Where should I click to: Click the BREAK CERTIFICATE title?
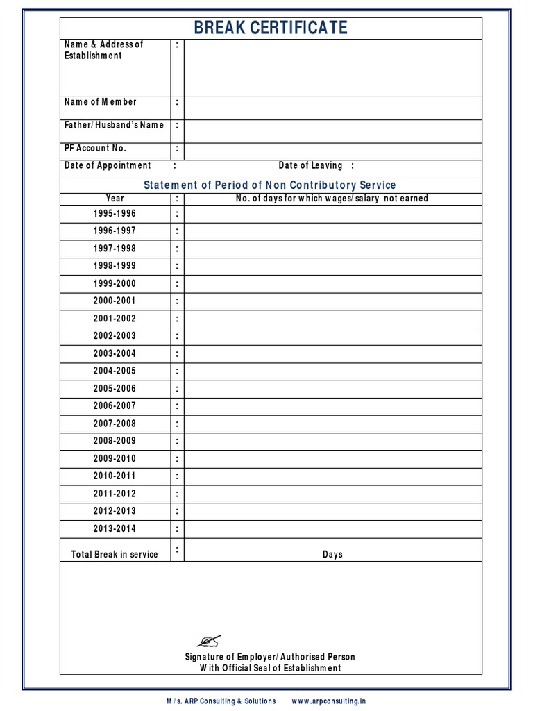click(x=270, y=28)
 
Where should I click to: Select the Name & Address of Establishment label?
click(x=103, y=50)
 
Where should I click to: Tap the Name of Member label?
click(x=101, y=102)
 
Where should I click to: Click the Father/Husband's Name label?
click(x=115, y=125)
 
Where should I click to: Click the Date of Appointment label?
click(x=108, y=165)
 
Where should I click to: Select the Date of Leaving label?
click(x=310, y=165)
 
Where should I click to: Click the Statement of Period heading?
click(x=269, y=185)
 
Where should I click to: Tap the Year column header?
click(x=115, y=198)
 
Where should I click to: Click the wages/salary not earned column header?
click(x=332, y=198)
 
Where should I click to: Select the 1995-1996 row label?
click(x=115, y=213)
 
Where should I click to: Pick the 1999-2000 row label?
click(x=115, y=283)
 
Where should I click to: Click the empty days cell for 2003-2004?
click(x=332, y=353)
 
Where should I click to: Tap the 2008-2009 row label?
click(x=115, y=441)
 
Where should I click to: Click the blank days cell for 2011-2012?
click(x=332, y=494)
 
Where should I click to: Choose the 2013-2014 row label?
click(x=115, y=528)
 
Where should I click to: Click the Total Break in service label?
click(x=115, y=554)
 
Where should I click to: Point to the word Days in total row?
click(x=332, y=555)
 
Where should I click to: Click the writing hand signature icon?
click(x=209, y=640)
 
